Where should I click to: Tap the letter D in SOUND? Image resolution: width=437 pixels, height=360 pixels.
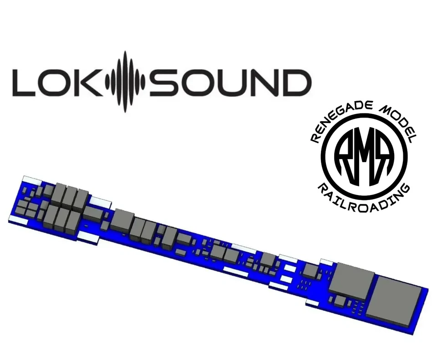(296, 82)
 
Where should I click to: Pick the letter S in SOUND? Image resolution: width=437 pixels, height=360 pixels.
(163, 82)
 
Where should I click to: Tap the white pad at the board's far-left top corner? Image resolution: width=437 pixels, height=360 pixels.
(32, 178)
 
